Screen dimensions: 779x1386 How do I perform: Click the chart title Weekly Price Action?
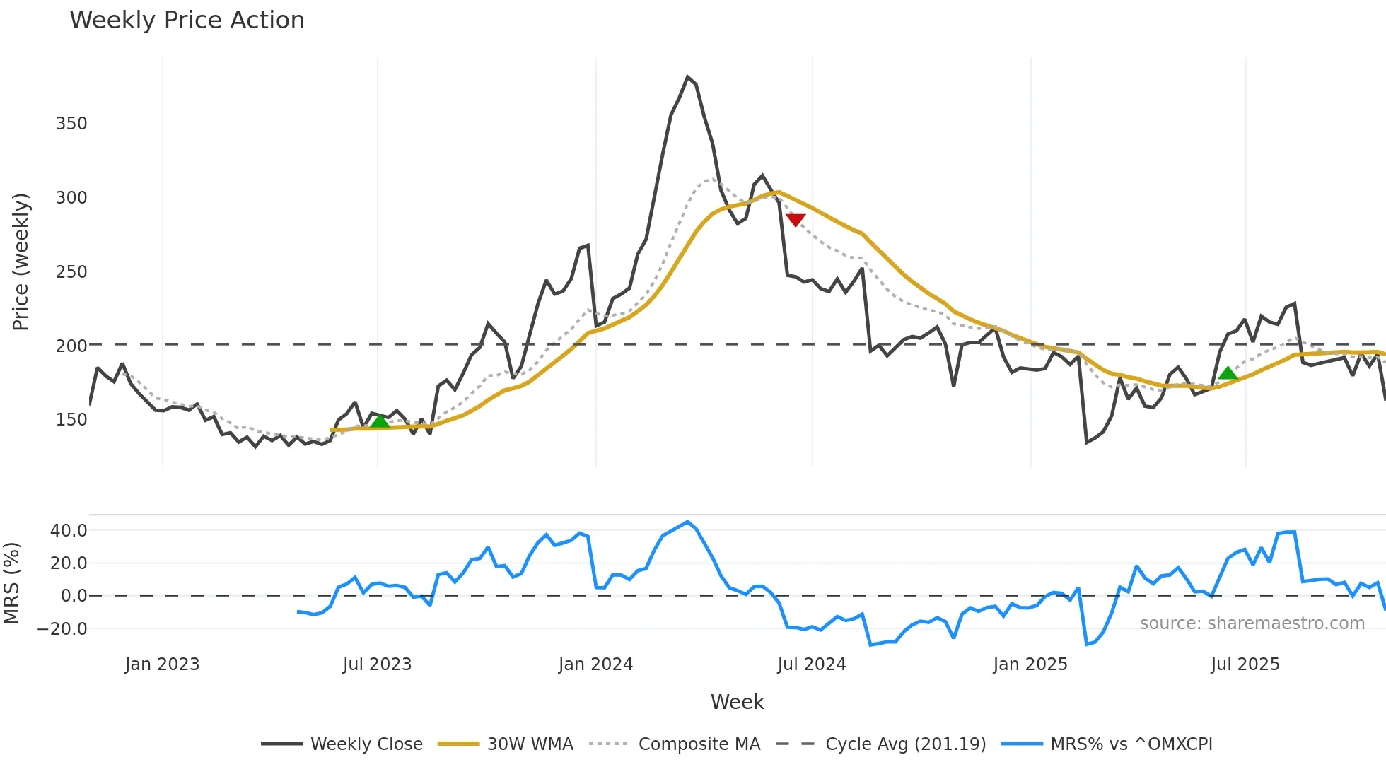click(187, 20)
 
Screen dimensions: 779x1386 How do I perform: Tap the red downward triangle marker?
click(796, 220)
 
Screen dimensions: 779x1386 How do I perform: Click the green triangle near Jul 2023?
click(380, 422)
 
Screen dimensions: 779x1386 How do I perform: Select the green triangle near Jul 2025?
click(1228, 373)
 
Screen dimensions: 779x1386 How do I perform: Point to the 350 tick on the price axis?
click(71, 124)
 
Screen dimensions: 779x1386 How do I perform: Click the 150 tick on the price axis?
click(71, 420)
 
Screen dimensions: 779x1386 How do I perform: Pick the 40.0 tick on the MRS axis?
click(69, 530)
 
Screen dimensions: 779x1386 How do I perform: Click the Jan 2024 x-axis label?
click(595, 664)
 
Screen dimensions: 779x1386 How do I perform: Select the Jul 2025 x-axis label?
click(1245, 664)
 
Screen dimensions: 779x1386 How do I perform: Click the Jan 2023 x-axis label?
click(162, 664)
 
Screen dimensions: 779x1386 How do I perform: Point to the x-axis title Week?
click(737, 702)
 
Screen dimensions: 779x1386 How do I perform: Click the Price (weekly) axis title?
click(21, 262)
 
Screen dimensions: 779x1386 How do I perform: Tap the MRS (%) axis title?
click(11, 583)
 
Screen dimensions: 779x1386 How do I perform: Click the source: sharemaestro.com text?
click(1252, 623)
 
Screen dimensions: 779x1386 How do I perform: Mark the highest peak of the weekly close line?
click(687, 76)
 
